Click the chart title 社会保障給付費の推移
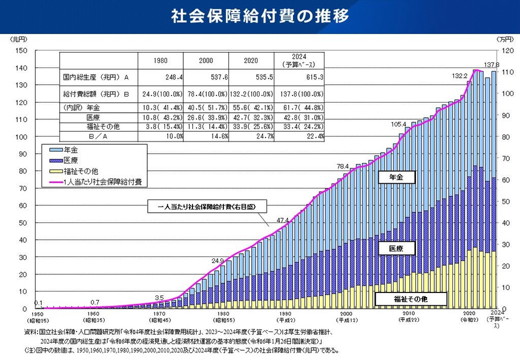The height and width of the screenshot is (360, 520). (260, 16)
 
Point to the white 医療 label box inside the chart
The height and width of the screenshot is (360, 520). (397, 248)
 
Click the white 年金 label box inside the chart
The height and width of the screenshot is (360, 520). (397, 177)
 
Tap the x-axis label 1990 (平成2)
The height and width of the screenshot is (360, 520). (285, 316)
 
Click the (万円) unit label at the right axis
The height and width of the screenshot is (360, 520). (505, 39)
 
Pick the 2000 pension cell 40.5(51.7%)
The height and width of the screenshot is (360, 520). (206, 108)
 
